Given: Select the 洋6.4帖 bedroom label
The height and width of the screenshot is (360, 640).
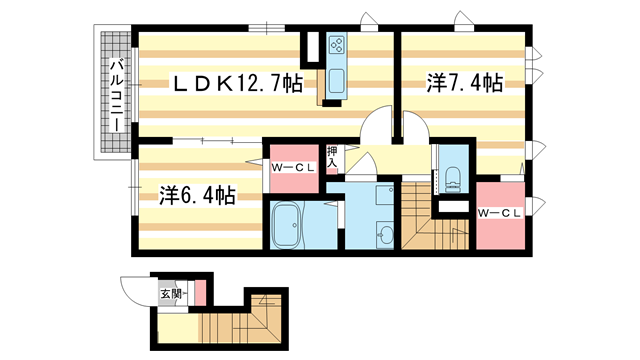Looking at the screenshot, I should coord(197,194).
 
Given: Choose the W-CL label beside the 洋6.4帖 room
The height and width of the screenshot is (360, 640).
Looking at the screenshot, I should coord(294,167).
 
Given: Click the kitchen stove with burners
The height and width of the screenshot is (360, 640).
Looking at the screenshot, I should coord(335,45).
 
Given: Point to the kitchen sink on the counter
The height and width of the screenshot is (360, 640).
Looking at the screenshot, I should coord(333,81).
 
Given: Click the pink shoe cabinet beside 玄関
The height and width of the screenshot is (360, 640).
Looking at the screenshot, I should coord(200,292).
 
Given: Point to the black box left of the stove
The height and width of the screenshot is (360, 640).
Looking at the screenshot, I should coord(312,45).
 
